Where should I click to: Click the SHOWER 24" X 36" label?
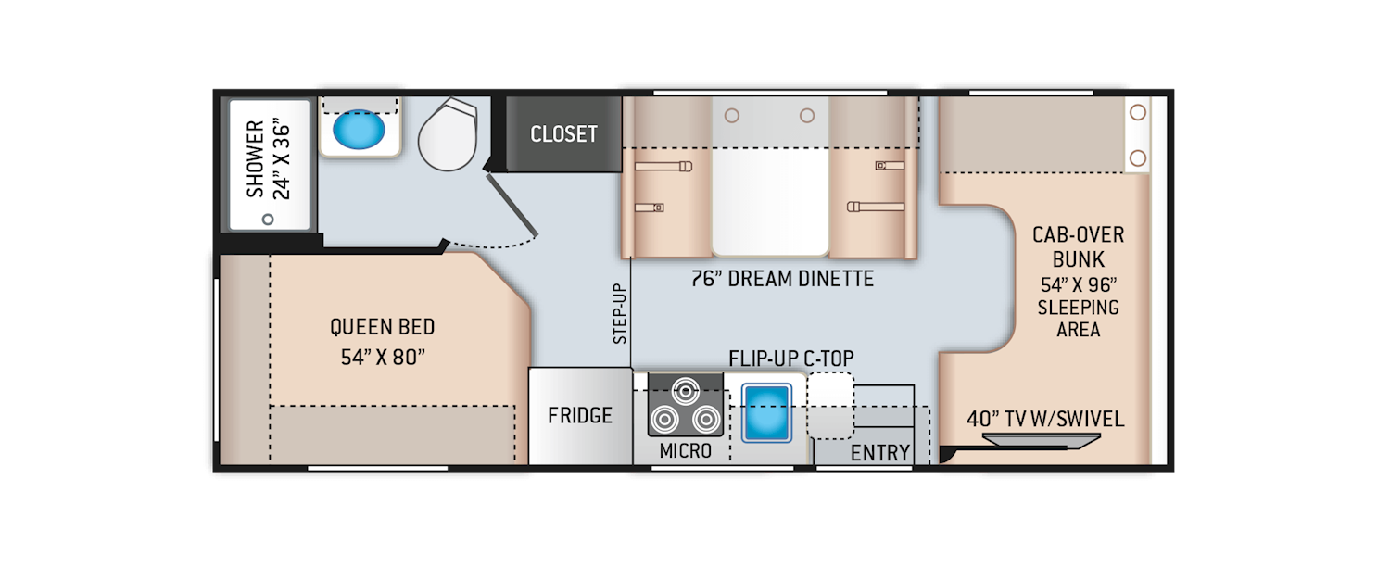tap(268, 158)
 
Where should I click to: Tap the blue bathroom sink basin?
tap(360, 131)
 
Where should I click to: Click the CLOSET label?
tap(563, 134)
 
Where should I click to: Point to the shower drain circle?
tap(268, 220)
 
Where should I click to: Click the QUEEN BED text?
tap(382, 327)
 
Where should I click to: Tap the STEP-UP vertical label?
tap(620, 313)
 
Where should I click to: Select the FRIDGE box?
tap(580, 415)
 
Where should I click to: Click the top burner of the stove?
tap(686, 389)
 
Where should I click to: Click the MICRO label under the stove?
tap(686, 451)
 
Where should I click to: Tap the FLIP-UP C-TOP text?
tap(790, 358)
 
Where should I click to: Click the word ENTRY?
tap(880, 453)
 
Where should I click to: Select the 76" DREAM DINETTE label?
tap(782, 279)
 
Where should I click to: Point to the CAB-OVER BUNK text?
tap(1078, 247)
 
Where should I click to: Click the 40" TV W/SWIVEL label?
tap(1045, 419)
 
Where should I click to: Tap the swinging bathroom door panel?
tap(511, 205)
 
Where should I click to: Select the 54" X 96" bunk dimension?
tap(1078, 283)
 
